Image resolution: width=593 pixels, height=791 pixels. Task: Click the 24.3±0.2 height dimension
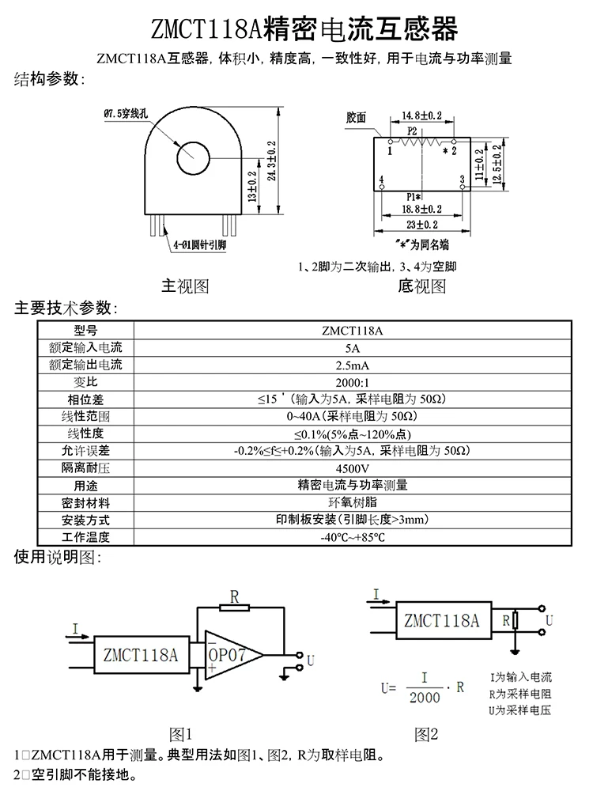tap(271, 163)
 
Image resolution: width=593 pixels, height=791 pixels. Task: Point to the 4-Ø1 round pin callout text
tap(199, 246)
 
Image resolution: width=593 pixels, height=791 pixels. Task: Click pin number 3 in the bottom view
tap(462, 180)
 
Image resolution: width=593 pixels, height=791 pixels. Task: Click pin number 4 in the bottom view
tap(382, 180)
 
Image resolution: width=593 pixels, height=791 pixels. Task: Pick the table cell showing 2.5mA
tap(352, 365)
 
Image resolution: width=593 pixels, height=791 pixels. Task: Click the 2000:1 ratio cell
tap(352, 381)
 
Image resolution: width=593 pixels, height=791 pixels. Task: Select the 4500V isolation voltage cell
tap(352, 467)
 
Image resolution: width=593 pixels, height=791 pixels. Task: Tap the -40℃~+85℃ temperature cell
tap(352, 537)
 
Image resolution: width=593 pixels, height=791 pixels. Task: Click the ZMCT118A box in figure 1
tap(141, 655)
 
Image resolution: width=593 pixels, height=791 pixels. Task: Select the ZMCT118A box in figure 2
tap(441, 620)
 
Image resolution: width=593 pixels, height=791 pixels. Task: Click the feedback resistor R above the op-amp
tap(235, 607)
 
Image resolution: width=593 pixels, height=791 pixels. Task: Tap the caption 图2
tap(426, 735)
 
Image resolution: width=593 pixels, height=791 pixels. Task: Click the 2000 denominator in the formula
tap(425, 697)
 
